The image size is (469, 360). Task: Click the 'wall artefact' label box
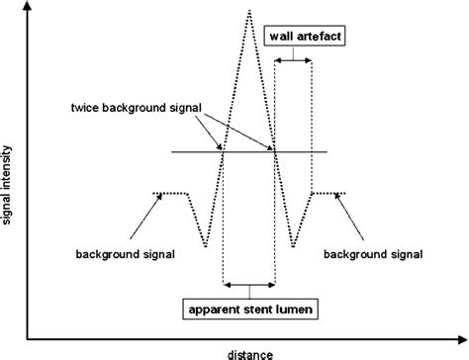[306, 39]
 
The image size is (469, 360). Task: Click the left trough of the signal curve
[205, 246]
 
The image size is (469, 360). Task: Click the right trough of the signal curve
[294, 246]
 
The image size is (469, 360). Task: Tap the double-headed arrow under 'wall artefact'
[294, 61]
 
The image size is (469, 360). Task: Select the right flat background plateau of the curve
[328, 193]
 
